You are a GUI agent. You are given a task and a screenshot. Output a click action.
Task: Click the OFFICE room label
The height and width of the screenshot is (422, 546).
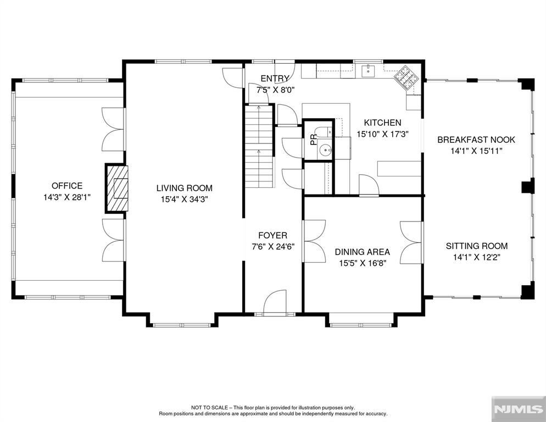(x=67, y=186)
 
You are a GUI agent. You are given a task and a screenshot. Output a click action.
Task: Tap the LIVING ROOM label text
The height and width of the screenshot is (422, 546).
(x=184, y=188)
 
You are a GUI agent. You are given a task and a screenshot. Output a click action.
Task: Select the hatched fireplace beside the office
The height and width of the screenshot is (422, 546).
(x=117, y=188)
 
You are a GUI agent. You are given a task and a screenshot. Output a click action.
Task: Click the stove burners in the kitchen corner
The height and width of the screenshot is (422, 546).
(x=406, y=79)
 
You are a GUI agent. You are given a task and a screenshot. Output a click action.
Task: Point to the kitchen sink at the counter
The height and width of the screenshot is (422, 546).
(x=367, y=71)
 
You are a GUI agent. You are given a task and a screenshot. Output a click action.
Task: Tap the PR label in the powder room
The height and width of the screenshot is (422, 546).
(x=314, y=140)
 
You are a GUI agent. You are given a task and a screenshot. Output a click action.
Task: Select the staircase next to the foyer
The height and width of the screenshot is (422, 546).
(x=259, y=146)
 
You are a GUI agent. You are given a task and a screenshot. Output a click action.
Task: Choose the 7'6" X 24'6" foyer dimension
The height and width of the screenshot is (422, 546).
(x=273, y=247)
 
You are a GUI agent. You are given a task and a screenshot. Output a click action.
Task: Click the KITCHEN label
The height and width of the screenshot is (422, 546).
(x=382, y=123)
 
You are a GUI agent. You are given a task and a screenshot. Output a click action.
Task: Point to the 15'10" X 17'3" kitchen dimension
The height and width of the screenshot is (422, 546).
(x=382, y=134)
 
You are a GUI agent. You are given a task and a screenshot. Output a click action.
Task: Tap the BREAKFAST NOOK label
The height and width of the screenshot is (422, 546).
(x=476, y=140)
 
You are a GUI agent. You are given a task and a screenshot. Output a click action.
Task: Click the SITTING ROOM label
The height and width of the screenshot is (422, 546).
(x=476, y=246)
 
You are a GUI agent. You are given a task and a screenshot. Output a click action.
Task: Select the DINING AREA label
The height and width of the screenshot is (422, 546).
(x=362, y=252)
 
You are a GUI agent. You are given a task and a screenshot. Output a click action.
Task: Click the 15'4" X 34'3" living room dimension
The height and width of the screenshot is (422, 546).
(x=184, y=199)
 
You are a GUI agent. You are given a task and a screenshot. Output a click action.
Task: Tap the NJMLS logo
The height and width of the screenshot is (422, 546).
(x=519, y=409)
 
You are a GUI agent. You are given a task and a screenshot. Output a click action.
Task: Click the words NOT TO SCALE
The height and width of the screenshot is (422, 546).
(x=209, y=407)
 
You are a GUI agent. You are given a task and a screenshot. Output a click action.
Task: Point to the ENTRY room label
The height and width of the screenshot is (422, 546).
(x=275, y=79)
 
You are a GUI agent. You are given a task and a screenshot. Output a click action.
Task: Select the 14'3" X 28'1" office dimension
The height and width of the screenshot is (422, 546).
(x=67, y=197)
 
